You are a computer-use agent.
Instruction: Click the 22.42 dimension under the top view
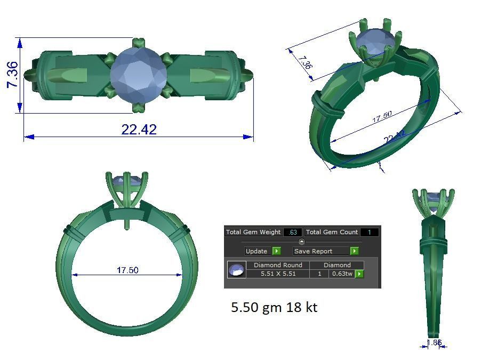[x=139, y=130]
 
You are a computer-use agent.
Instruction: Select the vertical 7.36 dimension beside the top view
[x=12, y=75]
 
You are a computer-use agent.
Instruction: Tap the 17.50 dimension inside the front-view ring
[x=127, y=270]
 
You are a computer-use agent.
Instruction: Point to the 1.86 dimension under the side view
[x=435, y=342]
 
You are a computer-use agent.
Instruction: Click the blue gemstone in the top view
[x=139, y=75]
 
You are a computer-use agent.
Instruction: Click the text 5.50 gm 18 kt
[x=274, y=307]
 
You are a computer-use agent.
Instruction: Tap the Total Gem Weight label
[x=253, y=232]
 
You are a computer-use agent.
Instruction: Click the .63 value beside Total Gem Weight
[x=292, y=232]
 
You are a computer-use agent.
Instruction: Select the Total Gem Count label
[x=331, y=232]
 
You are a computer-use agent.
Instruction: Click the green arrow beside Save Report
[x=354, y=251]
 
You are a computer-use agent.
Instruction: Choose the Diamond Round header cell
[x=278, y=265]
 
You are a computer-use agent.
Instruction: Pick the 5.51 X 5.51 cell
[x=278, y=274]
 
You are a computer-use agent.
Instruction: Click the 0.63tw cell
[x=342, y=274]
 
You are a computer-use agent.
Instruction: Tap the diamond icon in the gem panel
[x=236, y=269]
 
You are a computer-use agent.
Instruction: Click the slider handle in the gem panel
[x=302, y=242]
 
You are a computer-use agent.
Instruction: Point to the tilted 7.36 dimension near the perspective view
[x=304, y=63]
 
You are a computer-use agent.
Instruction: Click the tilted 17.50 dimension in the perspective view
[x=382, y=117]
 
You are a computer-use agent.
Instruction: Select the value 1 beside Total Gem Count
[x=369, y=232]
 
